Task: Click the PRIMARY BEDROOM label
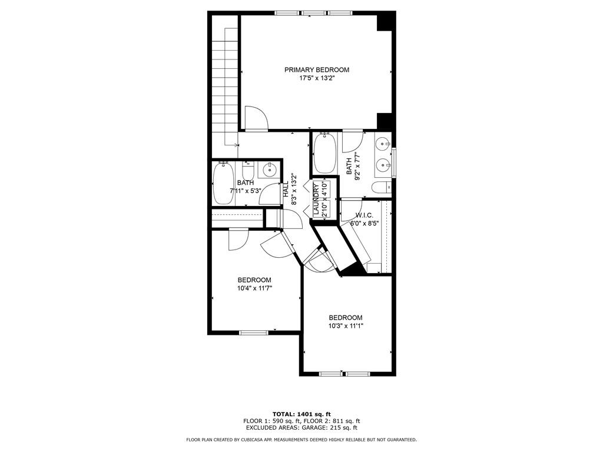click(317, 69)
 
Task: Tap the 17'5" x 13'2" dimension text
click(317, 78)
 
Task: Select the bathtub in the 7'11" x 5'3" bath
click(223, 184)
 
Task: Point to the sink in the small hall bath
click(270, 169)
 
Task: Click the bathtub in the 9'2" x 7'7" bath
click(325, 153)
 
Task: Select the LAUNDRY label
click(316, 198)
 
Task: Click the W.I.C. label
click(364, 215)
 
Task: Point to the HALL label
click(286, 190)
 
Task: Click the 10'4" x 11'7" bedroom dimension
click(254, 288)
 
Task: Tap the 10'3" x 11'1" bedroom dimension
click(346, 326)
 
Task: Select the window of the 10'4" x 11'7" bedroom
click(254, 333)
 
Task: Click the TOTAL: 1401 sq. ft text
click(301, 414)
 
